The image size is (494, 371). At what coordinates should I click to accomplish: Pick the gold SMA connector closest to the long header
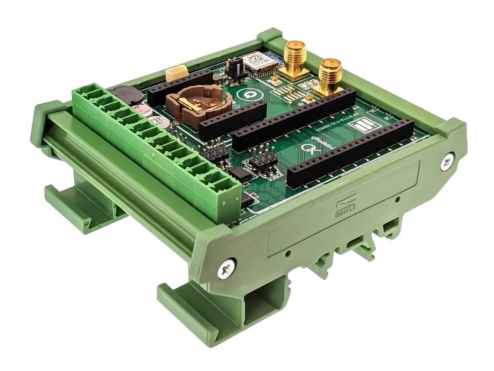coord(329,76)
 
